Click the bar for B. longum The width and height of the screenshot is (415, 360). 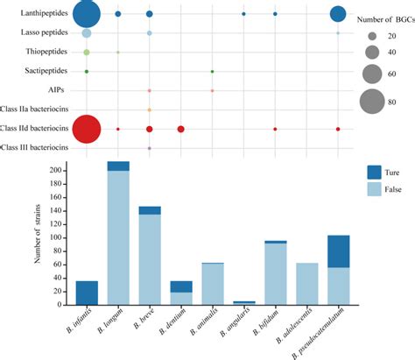coord(118,236)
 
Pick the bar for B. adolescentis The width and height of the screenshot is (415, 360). coord(306,282)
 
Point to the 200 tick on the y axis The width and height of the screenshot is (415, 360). coord(63,171)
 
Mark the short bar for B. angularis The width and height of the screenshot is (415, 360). coord(243,302)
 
